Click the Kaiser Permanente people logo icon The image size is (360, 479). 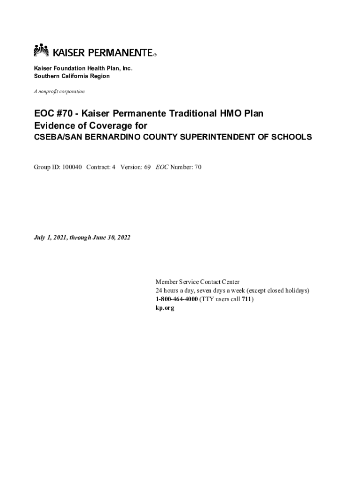click(x=41, y=51)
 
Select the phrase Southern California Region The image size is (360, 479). click(x=72, y=76)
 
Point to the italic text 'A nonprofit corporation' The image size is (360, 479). click(x=59, y=91)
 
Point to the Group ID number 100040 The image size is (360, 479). click(x=72, y=167)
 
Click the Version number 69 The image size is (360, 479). click(x=146, y=167)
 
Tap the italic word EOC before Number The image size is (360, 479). click(x=162, y=167)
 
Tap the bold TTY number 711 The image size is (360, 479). click(x=246, y=299)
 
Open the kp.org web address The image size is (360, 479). click(x=165, y=308)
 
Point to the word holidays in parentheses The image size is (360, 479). click(x=295, y=290)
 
